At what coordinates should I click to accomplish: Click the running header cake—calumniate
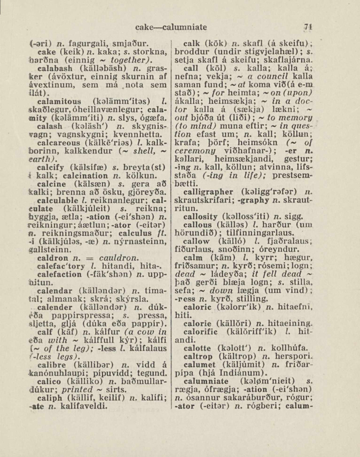pos(169,28)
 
